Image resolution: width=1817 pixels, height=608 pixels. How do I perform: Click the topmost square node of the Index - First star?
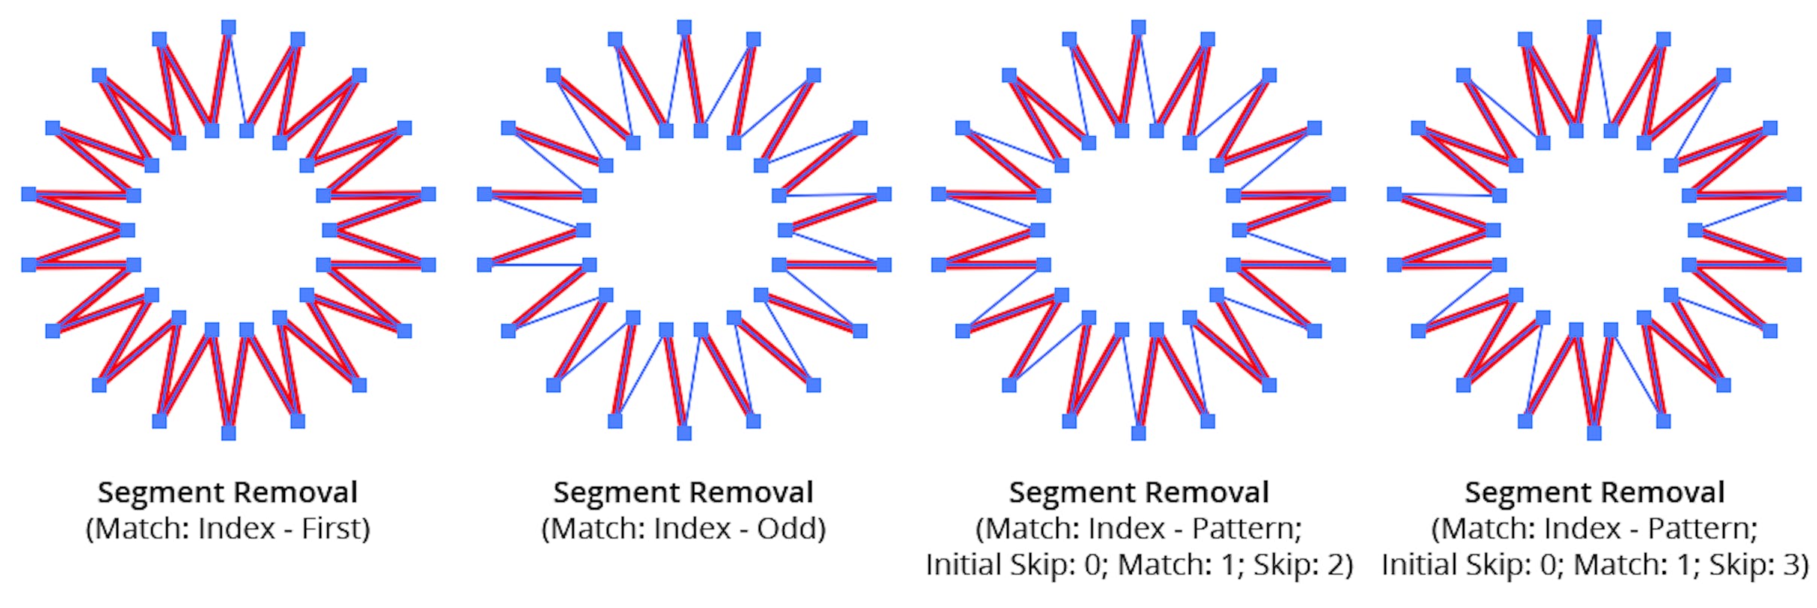[x=229, y=28]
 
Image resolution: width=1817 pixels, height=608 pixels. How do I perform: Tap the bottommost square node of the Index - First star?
[x=229, y=433]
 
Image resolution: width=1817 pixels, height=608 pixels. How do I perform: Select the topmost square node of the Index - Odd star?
[x=684, y=28]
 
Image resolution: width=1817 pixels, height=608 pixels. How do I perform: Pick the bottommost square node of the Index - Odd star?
[x=684, y=433]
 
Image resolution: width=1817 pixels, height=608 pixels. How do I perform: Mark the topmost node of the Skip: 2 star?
[x=1139, y=28]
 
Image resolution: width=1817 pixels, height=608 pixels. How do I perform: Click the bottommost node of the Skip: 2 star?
[x=1139, y=433]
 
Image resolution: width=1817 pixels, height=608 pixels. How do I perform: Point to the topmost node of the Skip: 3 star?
[x=1594, y=28]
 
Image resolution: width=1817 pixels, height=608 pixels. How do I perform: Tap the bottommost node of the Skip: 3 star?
[x=1594, y=433]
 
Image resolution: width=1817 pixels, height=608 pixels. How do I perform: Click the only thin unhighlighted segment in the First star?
[x=238, y=80]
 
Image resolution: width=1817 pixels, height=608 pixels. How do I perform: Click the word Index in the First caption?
[x=236, y=529]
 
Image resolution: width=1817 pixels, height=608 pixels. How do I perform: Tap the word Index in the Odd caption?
[x=692, y=529]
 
